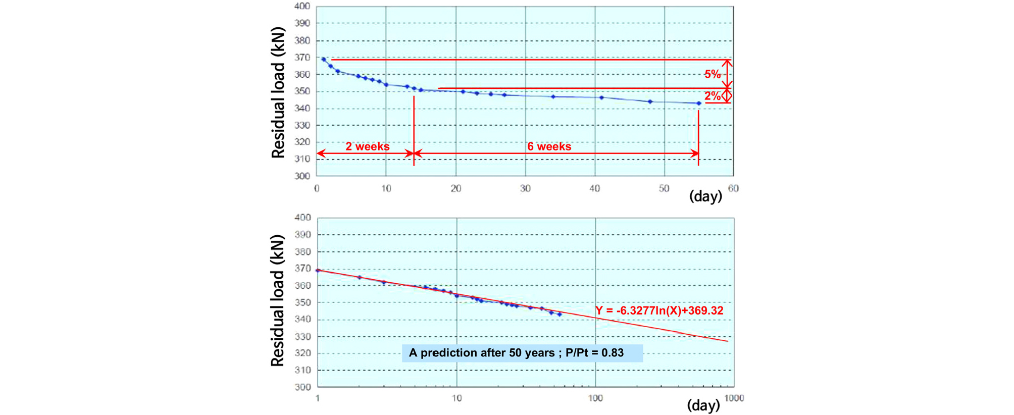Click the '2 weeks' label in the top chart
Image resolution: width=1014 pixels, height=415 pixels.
tap(367, 146)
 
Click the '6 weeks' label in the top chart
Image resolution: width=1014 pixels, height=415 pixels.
tap(549, 146)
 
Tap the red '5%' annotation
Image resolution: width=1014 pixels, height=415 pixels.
tap(712, 74)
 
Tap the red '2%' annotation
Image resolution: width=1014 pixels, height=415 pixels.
tap(712, 96)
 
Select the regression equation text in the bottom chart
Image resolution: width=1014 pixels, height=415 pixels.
tap(660, 310)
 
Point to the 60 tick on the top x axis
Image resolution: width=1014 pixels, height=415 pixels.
tap(733, 188)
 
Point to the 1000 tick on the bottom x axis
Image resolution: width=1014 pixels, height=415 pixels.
tap(734, 398)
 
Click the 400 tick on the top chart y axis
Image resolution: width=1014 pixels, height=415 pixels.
tap(302, 6)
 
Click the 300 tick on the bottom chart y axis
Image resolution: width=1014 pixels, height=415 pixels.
tap(302, 387)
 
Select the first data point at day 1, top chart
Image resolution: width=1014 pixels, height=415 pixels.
tap(324, 60)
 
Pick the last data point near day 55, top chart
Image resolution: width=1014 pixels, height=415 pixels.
tap(699, 103)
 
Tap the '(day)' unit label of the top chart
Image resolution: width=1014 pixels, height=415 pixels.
tap(705, 196)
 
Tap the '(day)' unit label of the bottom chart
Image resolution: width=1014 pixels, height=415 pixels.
tap(703, 405)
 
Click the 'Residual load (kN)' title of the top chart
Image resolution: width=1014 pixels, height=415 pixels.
tap(278, 93)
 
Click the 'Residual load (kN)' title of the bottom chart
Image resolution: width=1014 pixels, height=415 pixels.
tap(278, 301)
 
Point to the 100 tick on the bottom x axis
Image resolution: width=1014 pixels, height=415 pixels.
tap(595, 398)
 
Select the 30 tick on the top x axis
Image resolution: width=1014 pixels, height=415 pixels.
tap(525, 188)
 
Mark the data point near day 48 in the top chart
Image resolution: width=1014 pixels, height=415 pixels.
tap(650, 102)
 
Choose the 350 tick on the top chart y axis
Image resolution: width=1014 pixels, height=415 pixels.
tap(302, 91)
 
